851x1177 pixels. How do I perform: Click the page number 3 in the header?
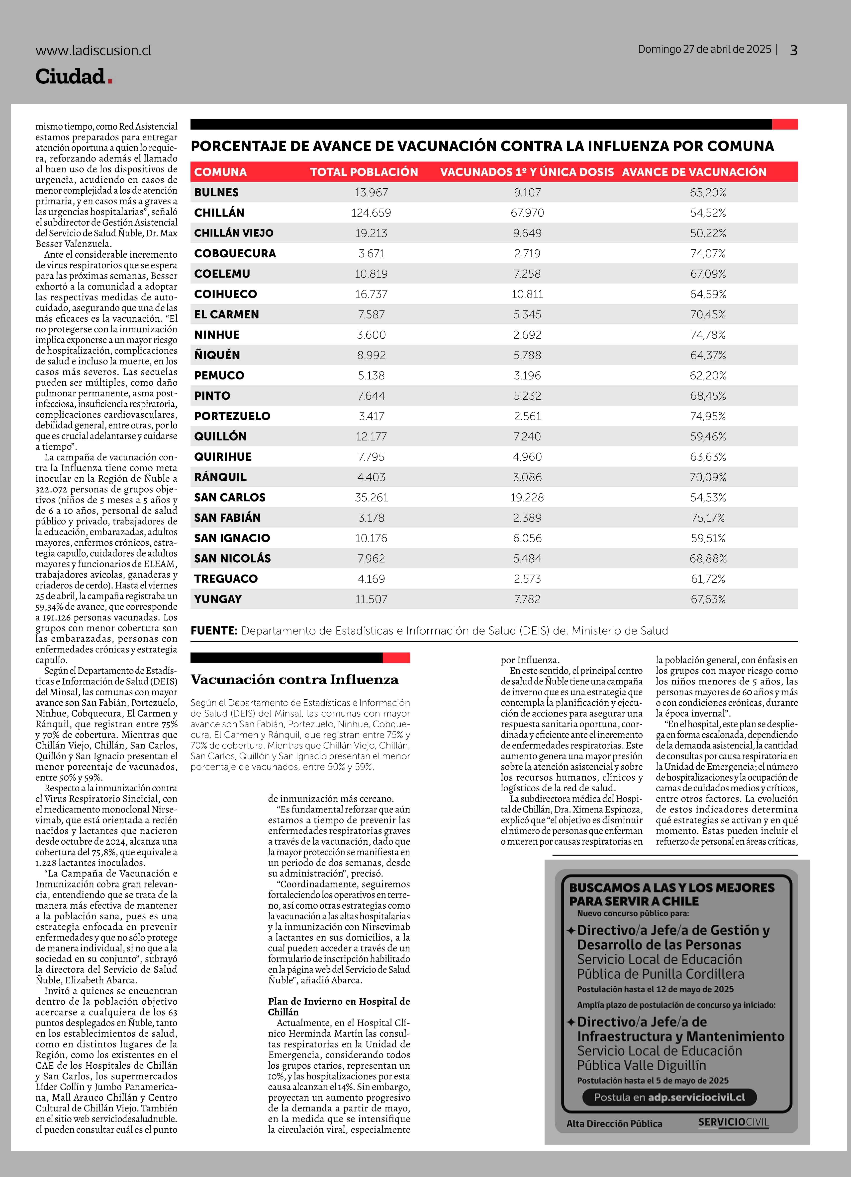[793, 50]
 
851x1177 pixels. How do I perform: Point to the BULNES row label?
[216, 193]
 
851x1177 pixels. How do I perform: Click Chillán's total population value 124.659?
[371, 213]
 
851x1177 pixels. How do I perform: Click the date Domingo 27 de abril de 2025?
[704, 49]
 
